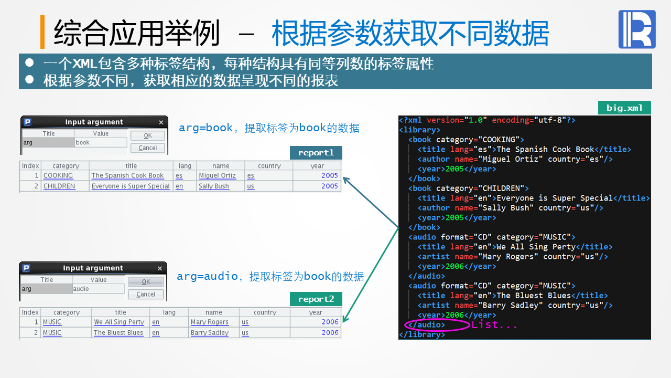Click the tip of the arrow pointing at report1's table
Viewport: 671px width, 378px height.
click(x=343, y=177)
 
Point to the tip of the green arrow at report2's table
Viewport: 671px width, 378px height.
click(x=343, y=322)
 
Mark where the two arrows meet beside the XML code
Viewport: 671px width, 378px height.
click(x=399, y=228)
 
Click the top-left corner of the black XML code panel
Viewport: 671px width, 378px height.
click(x=398, y=116)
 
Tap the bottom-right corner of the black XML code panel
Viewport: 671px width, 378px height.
click(x=651, y=340)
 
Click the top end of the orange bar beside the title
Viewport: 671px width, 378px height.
click(x=42, y=16)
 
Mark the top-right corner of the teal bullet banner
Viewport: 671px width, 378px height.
click(x=652, y=54)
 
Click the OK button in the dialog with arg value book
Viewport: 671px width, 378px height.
click(x=148, y=135)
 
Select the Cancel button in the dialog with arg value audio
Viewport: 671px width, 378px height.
click(x=146, y=295)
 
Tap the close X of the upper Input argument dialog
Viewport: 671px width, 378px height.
click(x=161, y=122)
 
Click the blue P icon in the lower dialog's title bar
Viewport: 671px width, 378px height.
click(x=26, y=268)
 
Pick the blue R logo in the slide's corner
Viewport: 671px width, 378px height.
click(x=637, y=29)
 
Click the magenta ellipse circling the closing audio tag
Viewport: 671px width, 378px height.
click(x=437, y=325)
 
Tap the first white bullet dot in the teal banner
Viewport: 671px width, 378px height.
click(x=29, y=62)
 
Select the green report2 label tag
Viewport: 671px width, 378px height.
click(x=316, y=299)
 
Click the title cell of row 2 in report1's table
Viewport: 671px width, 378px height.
click(x=131, y=186)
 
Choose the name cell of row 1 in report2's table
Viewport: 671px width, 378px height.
click(x=210, y=322)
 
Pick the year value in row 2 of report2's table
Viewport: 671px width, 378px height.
click(x=330, y=333)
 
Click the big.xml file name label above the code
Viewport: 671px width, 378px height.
click(x=624, y=108)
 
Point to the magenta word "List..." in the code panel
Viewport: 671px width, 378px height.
click(x=494, y=325)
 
